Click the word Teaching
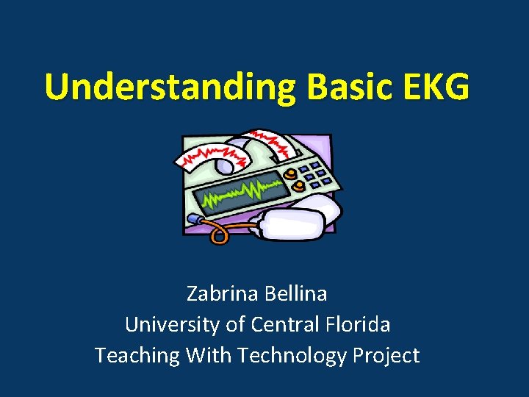[x=137, y=355]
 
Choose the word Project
[x=386, y=355]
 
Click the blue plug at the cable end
[x=192, y=218]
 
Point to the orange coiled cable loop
[x=218, y=234]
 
